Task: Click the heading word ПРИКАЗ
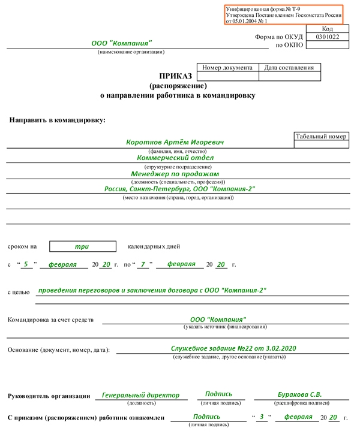(x=175, y=76)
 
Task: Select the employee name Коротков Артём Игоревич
(x=175, y=143)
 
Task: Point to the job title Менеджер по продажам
(x=175, y=174)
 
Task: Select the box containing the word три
(x=82, y=246)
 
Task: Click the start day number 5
(x=26, y=264)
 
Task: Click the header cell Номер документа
(x=227, y=68)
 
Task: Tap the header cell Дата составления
(x=289, y=68)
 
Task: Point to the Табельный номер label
(x=321, y=137)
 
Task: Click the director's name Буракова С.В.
(x=299, y=394)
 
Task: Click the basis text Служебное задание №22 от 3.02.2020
(x=233, y=348)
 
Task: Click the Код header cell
(x=327, y=28)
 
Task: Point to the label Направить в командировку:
(x=57, y=120)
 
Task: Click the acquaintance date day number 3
(x=262, y=417)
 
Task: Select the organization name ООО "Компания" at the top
(x=122, y=44)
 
